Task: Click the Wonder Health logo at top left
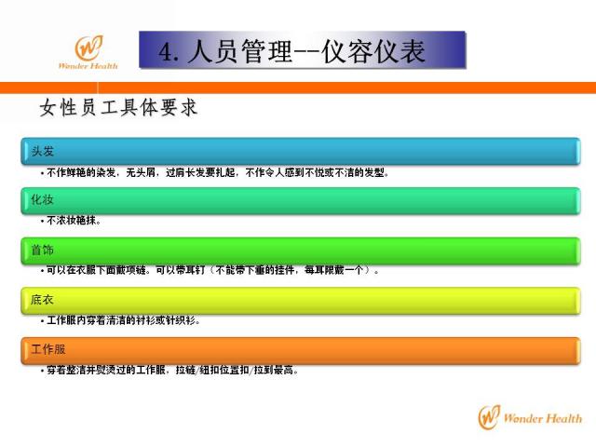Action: coord(88,52)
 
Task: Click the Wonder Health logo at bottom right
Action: coord(530,417)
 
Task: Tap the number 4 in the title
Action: coord(166,52)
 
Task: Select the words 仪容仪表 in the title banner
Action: coord(372,51)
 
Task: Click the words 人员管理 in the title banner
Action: coord(239,51)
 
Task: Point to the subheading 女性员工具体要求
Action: coord(118,107)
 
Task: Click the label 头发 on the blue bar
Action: coord(43,151)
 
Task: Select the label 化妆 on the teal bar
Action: coord(42,200)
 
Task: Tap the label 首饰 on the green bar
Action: coord(42,251)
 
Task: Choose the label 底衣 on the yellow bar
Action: coord(42,300)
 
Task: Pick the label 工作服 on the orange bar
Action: coord(48,349)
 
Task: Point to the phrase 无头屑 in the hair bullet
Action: coord(141,173)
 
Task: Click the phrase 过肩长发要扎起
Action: coord(200,173)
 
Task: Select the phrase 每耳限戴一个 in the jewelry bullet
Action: coord(333,270)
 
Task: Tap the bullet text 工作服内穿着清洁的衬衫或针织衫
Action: coord(121,320)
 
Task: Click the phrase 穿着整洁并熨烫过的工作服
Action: coord(105,370)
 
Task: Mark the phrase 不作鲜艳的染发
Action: coord(81,173)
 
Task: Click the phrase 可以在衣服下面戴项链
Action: coord(96,270)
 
